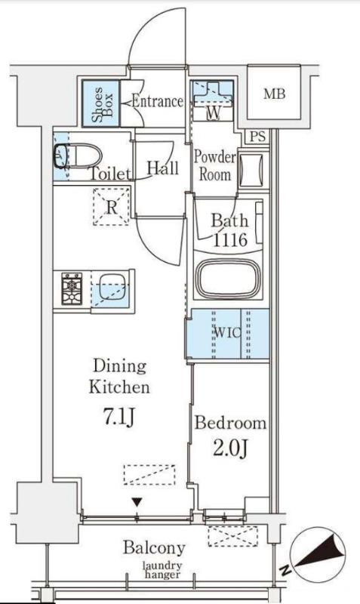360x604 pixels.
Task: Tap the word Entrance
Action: [157, 101]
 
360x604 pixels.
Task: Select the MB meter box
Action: [274, 93]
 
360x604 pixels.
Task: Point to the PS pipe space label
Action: [257, 137]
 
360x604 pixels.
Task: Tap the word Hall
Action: [163, 168]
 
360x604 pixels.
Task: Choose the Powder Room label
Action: [214, 165]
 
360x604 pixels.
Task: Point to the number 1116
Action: [230, 240]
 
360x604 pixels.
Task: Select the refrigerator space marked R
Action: [111, 207]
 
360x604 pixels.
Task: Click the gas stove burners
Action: [72, 288]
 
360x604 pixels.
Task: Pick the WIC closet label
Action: [227, 333]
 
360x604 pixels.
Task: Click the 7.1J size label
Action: [118, 417]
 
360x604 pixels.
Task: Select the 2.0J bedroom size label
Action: [230, 448]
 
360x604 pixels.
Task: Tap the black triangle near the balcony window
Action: [137, 502]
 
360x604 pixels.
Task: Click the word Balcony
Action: [154, 547]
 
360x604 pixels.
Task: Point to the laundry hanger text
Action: [162, 571]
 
